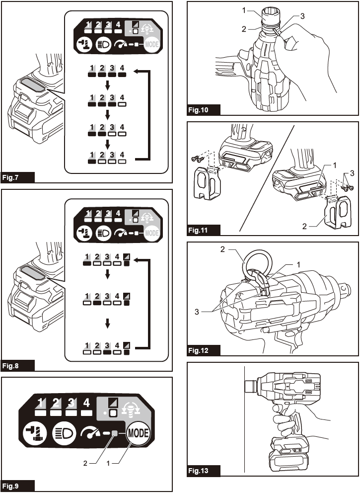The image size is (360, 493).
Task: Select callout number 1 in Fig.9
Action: point(108,464)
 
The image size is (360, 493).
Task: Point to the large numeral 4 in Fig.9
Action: point(86,403)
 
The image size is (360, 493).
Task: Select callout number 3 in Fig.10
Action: point(302,16)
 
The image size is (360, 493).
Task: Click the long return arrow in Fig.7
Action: point(149,114)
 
